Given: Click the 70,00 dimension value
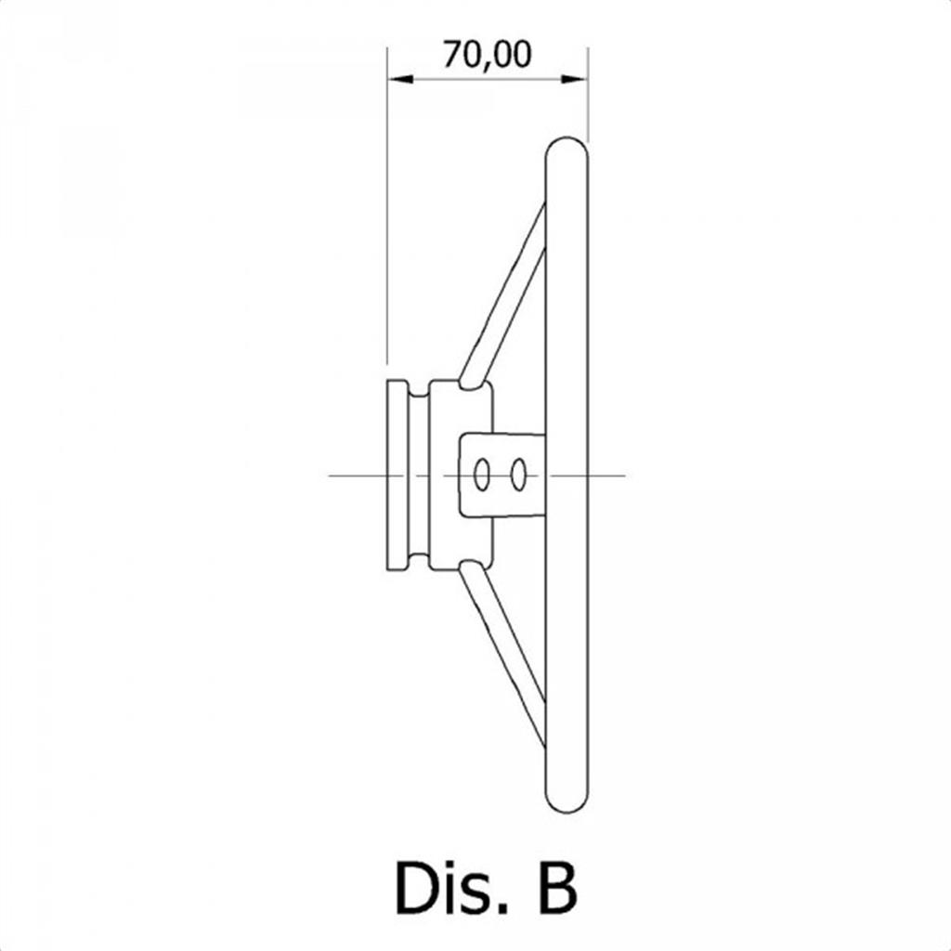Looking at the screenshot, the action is coord(487,55).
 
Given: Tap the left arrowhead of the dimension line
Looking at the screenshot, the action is coord(399,79).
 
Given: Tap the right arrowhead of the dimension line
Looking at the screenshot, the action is coord(575,79).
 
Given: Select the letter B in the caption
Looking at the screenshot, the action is coord(557,887).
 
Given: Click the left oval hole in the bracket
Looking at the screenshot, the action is coord(482,475).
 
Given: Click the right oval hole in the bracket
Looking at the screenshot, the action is coord(518,475).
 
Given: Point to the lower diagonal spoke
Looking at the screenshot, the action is coord(502,655).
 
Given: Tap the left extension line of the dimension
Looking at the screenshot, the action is coord(387,205).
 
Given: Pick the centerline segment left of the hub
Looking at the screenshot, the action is coord(358,475).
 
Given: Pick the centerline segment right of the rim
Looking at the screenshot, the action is coord(606,475).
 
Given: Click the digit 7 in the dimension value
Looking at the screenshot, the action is coord(452,55).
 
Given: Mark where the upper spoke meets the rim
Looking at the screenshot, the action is coord(545,227).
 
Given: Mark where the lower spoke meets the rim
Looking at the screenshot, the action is coord(545,724).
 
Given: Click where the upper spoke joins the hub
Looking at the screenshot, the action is coord(473,383).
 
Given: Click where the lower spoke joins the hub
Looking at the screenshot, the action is coord(473,567).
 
